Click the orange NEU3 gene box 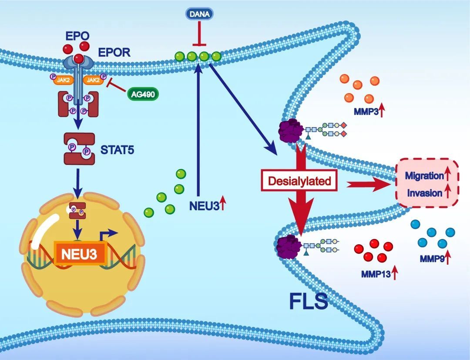click(81, 253)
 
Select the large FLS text click(309, 301)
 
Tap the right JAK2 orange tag click(92, 80)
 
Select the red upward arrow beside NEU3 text click(222, 203)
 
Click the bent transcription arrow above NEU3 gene click(110, 236)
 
